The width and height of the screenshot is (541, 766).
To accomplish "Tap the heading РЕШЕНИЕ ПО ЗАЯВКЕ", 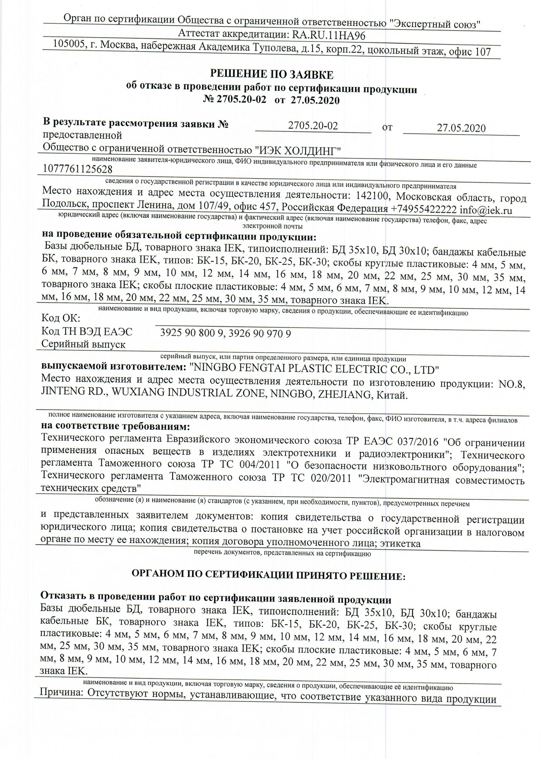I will click(x=271, y=75).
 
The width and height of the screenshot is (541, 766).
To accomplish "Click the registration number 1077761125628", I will click(x=78, y=170).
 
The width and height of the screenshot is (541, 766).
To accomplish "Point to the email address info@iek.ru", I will click(x=486, y=210).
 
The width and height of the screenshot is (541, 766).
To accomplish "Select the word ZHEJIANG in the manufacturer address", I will click(x=345, y=395).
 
